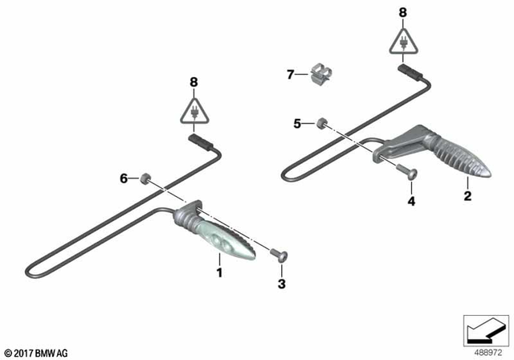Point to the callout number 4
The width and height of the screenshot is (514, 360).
click(410, 201)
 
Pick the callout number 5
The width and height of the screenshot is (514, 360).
click(297, 124)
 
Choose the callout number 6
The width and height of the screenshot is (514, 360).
click(124, 178)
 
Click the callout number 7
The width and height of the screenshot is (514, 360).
click(292, 76)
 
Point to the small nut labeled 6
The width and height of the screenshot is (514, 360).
click(146, 178)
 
